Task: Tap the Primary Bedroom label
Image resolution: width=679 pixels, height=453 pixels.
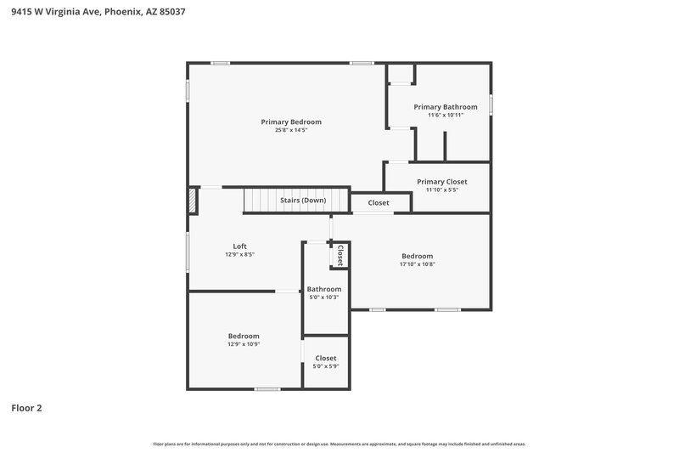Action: (x=291, y=122)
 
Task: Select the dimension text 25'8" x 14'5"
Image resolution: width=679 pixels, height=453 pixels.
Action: (x=291, y=131)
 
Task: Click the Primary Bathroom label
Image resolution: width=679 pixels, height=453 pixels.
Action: (x=446, y=107)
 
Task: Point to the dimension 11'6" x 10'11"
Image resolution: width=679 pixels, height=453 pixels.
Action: (x=446, y=116)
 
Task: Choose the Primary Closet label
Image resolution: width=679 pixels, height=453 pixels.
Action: (x=442, y=182)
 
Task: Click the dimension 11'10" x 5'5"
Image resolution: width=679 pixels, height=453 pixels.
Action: (x=442, y=190)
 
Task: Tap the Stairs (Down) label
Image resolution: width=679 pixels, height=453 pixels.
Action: (x=303, y=201)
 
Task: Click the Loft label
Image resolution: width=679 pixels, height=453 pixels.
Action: (x=240, y=246)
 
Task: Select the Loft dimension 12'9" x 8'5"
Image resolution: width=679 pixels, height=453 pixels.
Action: (x=240, y=255)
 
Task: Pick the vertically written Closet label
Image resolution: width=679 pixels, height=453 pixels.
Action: (x=340, y=255)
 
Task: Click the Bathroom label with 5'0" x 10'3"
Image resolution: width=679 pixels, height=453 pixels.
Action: (x=324, y=289)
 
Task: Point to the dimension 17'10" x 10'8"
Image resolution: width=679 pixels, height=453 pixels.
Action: (x=418, y=264)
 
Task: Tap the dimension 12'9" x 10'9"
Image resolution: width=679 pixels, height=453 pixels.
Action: (x=244, y=344)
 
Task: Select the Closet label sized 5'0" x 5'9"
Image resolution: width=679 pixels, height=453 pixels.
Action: (x=326, y=359)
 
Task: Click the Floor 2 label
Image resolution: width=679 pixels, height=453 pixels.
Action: (x=26, y=408)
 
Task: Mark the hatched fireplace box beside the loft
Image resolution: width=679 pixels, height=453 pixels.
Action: (x=193, y=201)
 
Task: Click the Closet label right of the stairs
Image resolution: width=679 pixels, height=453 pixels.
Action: (x=379, y=203)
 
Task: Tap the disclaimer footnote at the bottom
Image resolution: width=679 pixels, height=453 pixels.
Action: (x=339, y=444)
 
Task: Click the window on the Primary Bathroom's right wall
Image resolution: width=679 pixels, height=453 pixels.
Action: (x=491, y=104)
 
